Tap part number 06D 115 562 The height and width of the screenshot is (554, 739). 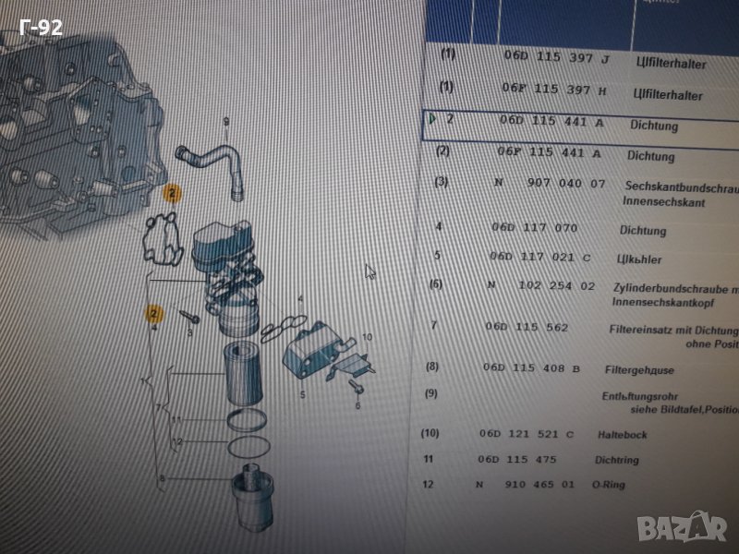[x=527, y=327]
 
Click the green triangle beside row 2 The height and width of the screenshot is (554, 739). [x=432, y=118]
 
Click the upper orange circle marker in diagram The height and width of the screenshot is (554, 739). [x=172, y=194]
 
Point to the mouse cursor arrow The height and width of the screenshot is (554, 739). [x=370, y=272]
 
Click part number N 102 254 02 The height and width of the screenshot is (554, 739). [x=540, y=286]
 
